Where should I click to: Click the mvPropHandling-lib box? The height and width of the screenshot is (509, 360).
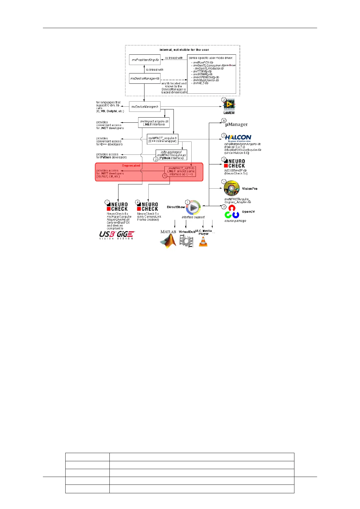pyautogui.click(x=145, y=60)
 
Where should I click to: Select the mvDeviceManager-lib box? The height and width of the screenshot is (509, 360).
pyautogui.click(x=144, y=78)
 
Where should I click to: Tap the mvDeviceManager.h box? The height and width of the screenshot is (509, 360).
pyautogui.click(x=144, y=107)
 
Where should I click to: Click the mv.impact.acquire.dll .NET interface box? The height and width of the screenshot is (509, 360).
pyautogui.click(x=154, y=123)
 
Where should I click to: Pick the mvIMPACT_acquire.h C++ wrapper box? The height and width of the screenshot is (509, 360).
pyautogui.click(x=162, y=139)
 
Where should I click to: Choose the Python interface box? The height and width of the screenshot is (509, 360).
pyautogui.click(x=171, y=155)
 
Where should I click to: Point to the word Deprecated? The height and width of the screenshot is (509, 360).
pyautogui.click(x=131, y=166)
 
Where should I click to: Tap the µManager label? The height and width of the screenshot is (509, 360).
pyautogui.click(x=236, y=124)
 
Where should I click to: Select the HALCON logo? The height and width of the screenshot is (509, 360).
pyautogui.click(x=238, y=138)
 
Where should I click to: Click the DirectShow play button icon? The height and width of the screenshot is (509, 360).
pyautogui.click(x=193, y=208)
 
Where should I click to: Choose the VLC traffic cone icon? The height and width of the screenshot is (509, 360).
pyautogui.click(x=203, y=242)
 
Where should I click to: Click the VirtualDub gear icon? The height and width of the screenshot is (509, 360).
pyautogui.click(x=186, y=241)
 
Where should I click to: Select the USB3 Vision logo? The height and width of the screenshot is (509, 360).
pyautogui.click(x=107, y=235)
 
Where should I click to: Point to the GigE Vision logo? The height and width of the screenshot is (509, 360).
pyautogui.click(x=125, y=235)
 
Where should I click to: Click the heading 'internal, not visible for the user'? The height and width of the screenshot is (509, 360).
pyautogui.click(x=184, y=50)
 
